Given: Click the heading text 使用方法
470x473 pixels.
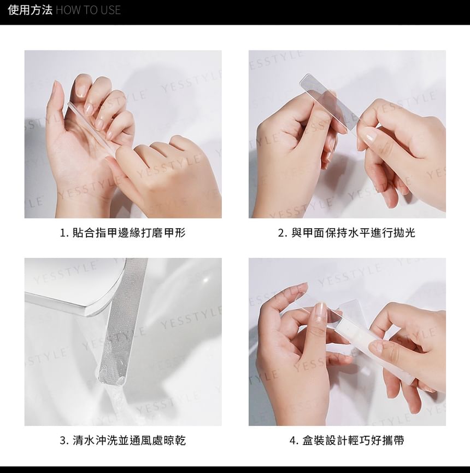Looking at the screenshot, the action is tap(30, 10).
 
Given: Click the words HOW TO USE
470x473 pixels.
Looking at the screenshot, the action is tap(88, 10).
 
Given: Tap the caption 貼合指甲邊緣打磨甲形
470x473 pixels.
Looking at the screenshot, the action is tap(129, 233).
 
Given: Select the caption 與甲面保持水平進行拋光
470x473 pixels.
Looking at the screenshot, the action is tap(353, 233).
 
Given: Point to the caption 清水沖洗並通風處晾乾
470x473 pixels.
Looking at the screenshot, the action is tap(129, 441).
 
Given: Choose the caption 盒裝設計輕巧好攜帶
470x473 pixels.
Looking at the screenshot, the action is tap(353, 441).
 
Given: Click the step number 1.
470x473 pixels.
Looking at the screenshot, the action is tap(63, 233).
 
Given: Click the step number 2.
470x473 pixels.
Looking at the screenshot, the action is tap(281, 233).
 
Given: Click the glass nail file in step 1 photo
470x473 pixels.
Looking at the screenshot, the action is tap(90, 128).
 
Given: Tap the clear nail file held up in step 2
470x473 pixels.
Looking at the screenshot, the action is tap(329, 102).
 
